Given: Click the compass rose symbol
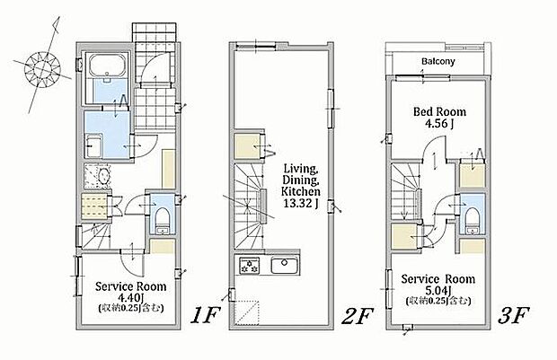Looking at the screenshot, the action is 42,69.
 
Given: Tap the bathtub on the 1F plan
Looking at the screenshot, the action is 108,64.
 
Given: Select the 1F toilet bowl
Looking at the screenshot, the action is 163,216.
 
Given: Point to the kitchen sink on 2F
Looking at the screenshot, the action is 285,265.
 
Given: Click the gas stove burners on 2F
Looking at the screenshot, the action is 250,266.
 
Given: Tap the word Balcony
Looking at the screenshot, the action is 438,61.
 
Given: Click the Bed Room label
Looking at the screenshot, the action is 439,112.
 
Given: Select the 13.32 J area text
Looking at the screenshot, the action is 301,203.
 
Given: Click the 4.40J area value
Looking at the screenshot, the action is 130,297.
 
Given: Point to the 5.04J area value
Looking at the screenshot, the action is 438,290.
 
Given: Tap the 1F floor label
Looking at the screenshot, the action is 206,315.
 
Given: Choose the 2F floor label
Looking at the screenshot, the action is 358,316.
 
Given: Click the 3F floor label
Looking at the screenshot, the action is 514,315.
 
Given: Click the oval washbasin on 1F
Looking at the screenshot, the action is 104,176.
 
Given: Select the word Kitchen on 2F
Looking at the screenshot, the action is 301,192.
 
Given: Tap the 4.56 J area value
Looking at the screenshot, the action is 439,124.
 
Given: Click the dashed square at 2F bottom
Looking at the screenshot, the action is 248,313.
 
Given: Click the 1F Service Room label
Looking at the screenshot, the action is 131,286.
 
